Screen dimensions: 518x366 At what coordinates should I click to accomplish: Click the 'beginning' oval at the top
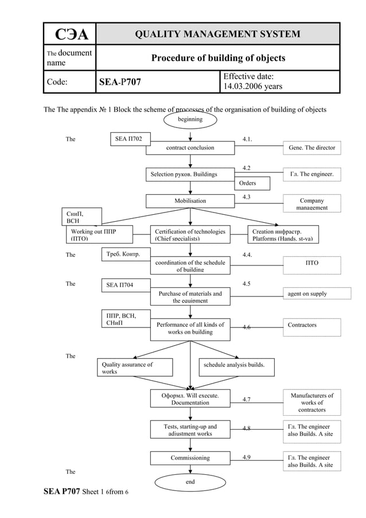(x=190, y=119)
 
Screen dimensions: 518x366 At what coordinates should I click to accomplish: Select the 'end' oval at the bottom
(x=190, y=482)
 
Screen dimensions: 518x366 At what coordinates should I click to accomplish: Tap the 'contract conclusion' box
(x=190, y=148)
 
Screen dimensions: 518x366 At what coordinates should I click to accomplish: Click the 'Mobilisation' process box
(x=190, y=201)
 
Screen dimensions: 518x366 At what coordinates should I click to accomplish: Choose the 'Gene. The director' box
(x=312, y=148)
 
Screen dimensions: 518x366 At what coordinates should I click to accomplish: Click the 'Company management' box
(x=312, y=204)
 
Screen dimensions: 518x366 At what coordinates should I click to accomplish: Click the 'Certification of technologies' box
(x=190, y=234)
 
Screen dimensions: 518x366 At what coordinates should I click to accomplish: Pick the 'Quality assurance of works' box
(x=134, y=368)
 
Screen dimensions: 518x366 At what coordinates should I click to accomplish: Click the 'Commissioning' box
(x=190, y=458)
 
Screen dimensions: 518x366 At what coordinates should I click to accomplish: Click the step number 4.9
(x=246, y=457)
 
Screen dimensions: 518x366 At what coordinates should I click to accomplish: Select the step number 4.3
(x=246, y=197)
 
